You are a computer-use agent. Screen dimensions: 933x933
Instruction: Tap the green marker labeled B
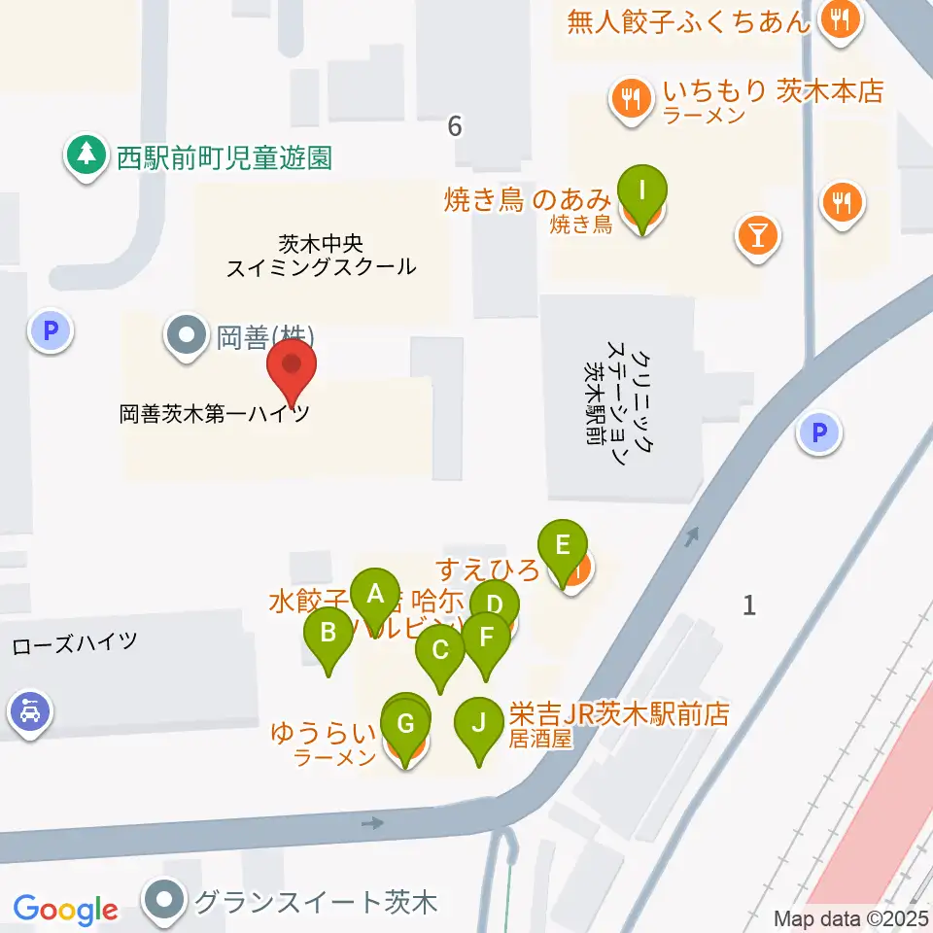pyautogui.click(x=328, y=635)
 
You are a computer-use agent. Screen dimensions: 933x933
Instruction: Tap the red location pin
pyautogui.click(x=291, y=367)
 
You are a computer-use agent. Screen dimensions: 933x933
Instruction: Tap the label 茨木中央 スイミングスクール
pyautogui.click(x=321, y=255)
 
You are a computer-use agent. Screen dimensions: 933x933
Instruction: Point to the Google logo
pyautogui.click(x=65, y=910)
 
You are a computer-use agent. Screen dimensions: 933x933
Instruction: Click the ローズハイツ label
pyautogui.click(x=75, y=642)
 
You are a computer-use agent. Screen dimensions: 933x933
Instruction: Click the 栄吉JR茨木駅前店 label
pyautogui.click(x=619, y=714)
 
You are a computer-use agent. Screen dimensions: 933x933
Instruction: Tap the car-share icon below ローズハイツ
pyautogui.click(x=30, y=714)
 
